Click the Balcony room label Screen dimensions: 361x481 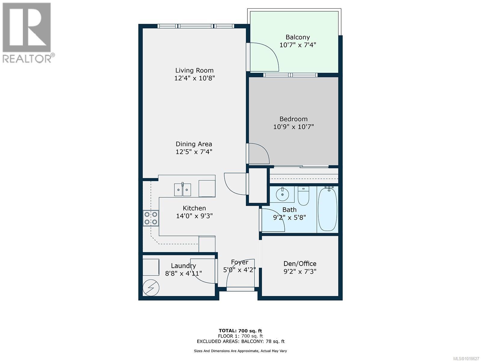point(297,37)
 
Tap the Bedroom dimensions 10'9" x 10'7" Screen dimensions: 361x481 point(293,127)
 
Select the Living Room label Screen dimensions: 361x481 point(194,70)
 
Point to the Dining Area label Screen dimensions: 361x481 point(194,144)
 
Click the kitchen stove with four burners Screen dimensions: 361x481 point(151,218)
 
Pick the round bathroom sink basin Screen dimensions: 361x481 point(282,194)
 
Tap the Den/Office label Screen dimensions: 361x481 point(300,264)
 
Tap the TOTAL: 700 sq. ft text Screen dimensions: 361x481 point(240,331)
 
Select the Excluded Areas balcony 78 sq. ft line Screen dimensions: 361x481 point(240,341)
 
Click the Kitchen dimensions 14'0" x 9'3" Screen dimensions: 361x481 point(194,216)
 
